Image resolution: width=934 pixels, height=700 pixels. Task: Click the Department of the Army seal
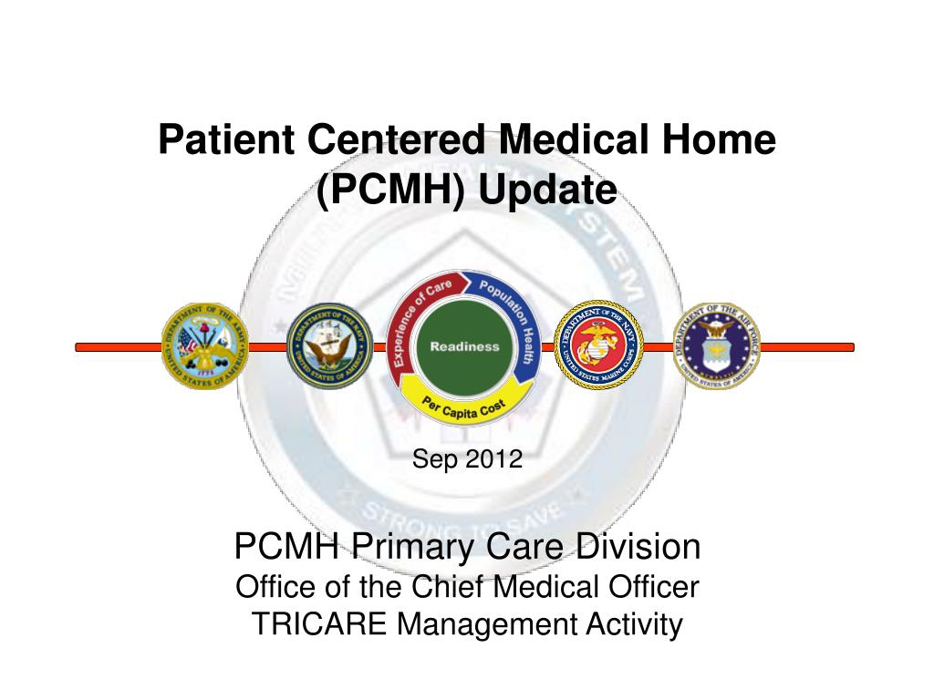pyautogui.click(x=205, y=346)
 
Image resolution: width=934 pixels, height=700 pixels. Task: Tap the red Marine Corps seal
pyautogui.click(x=599, y=346)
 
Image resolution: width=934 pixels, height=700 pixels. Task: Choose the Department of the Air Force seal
pyautogui.click(x=717, y=346)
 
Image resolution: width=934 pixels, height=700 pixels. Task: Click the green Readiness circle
pyautogui.click(x=465, y=346)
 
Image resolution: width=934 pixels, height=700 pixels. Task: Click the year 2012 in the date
pyautogui.click(x=494, y=459)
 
